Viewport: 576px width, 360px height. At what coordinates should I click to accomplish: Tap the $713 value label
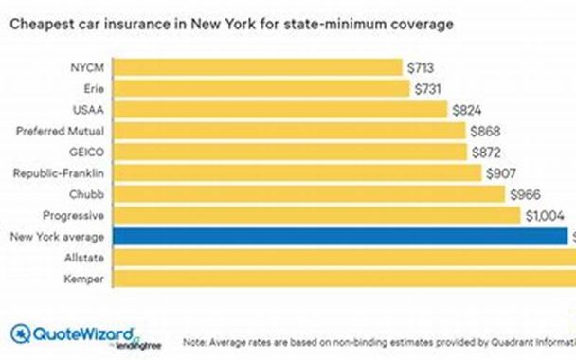423,67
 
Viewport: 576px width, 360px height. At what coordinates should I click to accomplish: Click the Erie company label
94,88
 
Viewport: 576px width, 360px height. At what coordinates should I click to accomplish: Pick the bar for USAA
280,110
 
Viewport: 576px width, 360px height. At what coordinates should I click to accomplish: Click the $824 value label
467,110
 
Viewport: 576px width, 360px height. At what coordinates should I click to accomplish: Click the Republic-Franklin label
63,172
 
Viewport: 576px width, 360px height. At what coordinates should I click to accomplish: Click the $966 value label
526,194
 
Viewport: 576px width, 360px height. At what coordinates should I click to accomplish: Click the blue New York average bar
341,236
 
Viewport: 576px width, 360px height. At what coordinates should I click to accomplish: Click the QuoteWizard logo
72,335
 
